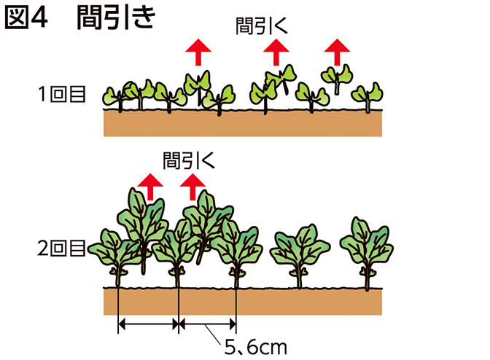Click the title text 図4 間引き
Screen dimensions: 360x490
tap(79, 19)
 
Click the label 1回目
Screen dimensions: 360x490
tap(65, 94)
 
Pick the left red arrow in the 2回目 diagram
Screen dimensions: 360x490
tap(150, 187)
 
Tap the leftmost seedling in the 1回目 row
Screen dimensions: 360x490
tap(117, 96)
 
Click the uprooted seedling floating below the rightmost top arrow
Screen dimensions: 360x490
tap(336, 77)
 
